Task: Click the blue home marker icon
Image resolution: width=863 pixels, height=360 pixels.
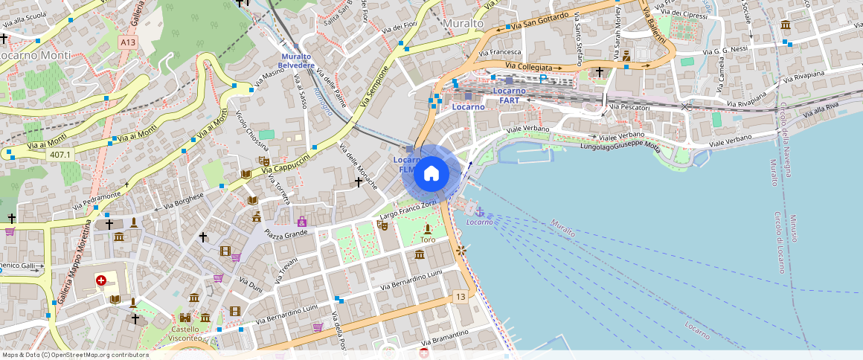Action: coord(431,174)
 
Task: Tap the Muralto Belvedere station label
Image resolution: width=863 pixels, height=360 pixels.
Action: coord(295,61)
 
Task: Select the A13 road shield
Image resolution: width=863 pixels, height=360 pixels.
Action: coord(127,43)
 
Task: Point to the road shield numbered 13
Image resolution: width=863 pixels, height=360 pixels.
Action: coord(461,298)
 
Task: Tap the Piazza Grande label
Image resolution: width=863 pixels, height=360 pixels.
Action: coord(286,234)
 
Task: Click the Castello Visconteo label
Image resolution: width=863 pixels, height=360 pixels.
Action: coord(185,333)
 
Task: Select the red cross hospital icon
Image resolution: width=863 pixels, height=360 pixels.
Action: coord(101,280)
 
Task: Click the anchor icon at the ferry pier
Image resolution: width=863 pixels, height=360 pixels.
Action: coord(479,212)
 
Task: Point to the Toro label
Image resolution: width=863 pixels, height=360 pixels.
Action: coord(428,240)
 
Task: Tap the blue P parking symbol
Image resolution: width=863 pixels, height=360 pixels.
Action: coord(543,78)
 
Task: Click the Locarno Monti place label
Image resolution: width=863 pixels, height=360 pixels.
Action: coord(35,55)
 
